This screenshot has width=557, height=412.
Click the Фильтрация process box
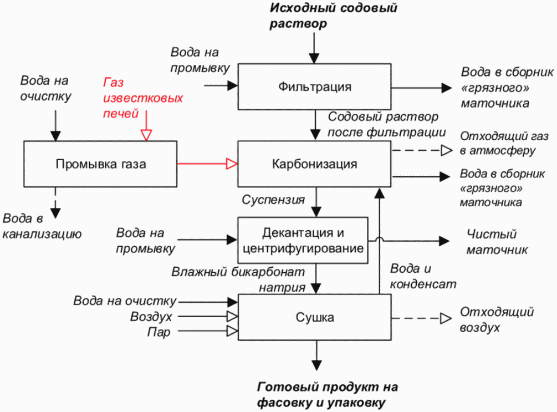click(x=314, y=87)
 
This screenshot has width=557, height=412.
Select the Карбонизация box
click(x=314, y=164)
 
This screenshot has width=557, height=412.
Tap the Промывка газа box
click(x=100, y=164)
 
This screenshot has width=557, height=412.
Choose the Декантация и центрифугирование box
click(x=303, y=240)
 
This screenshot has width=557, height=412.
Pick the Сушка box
click(x=314, y=317)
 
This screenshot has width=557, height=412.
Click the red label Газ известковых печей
click(x=143, y=98)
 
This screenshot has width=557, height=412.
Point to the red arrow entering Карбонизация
click(x=207, y=164)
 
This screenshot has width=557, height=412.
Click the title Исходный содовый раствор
click(x=333, y=16)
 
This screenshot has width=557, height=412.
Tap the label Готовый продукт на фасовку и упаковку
click(x=327, y=395)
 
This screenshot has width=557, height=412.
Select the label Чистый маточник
click(x=497, y=242)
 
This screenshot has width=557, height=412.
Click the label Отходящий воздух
click(x=497, y=319)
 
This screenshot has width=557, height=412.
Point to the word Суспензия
click(x=273, y=200)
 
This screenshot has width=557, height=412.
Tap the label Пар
click(x=159, y=332)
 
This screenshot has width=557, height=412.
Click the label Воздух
click(x=151, y=317)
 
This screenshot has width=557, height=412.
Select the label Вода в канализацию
click(x=42, y=226)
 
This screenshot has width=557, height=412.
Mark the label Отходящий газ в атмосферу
click(x=504, y=143)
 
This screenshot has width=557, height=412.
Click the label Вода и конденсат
click(x=423, y=276)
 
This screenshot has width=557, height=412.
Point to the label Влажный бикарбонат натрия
click(x=238, y=279)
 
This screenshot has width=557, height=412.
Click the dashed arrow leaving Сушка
click(x=422, y=318)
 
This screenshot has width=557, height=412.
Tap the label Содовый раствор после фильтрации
click(x=386, y=124)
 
